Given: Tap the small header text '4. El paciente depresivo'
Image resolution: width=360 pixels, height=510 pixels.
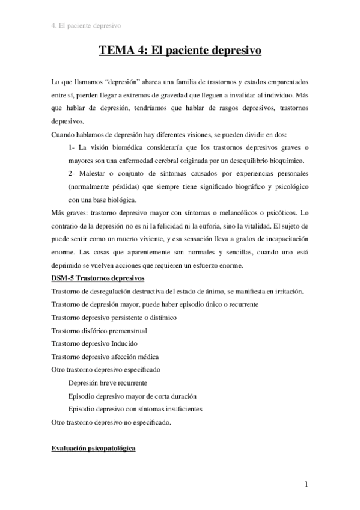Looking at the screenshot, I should pyautogui.click(x=87, y=26).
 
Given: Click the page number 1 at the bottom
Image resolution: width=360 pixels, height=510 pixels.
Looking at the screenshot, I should pyautogui.click(x=306, y=485).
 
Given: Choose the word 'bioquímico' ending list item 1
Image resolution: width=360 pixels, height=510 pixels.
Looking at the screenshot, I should pyautogui.click(x=284, y=160).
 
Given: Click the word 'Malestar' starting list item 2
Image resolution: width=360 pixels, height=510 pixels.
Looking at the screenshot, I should pyautogui.click(x=92, y=174).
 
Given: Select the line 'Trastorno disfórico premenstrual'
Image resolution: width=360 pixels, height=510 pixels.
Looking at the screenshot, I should pyautogui.click(x=100, y=331).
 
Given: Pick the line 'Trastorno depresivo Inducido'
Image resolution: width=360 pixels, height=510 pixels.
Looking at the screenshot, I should pyautogui.click(x=95, y=343).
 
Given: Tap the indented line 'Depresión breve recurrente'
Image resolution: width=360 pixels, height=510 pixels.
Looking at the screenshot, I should pyautogui.click(x=108, y=382).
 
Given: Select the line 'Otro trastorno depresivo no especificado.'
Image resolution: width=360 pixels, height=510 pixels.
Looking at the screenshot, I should pyautogui.click(x=112, y=422).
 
